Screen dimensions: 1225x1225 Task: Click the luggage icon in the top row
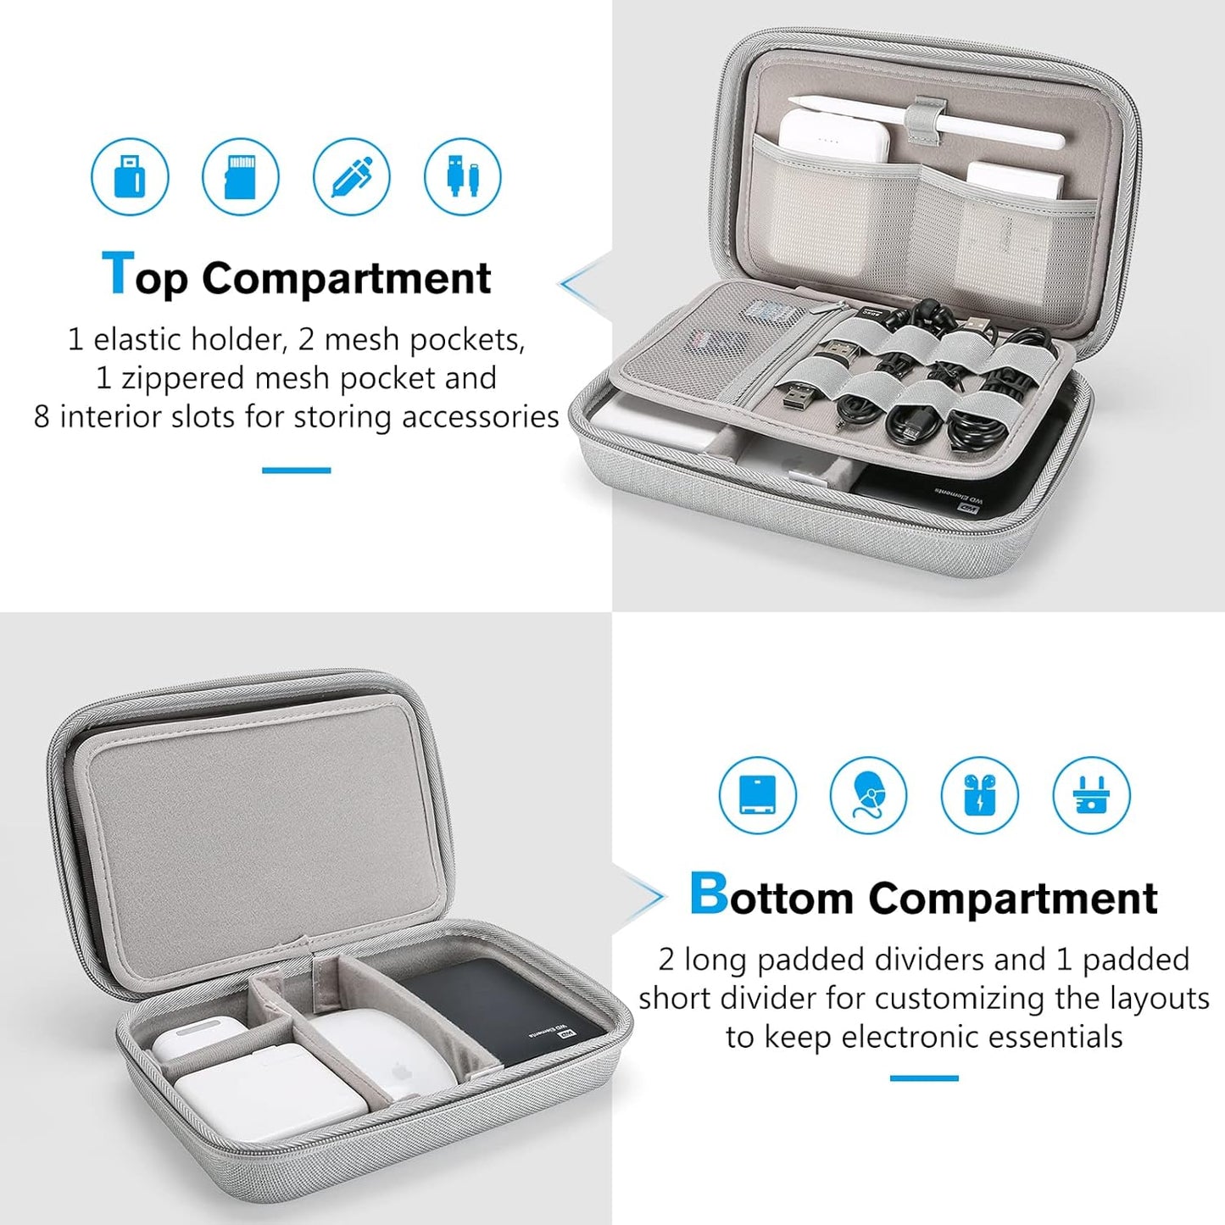coord(130,176)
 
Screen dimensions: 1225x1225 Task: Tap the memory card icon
coord(241,176)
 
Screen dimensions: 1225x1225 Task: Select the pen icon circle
coord(352,176)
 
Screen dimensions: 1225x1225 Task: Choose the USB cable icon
coord(463,176)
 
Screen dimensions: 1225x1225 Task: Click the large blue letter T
coord(117,274)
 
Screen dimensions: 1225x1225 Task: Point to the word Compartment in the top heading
coord(346,278)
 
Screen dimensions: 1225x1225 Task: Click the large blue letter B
coord(708,894)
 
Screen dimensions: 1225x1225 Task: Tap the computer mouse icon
coord(868,795)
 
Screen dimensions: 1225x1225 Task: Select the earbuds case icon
coord(980,795)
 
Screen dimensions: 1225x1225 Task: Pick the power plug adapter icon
coord(1091,795)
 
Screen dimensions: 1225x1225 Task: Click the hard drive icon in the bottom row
coord(757,795)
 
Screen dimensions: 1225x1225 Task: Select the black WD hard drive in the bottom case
coord(500,1009)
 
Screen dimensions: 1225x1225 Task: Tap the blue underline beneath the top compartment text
coord(296,470)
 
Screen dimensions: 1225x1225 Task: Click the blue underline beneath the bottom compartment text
coord(924,1077)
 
